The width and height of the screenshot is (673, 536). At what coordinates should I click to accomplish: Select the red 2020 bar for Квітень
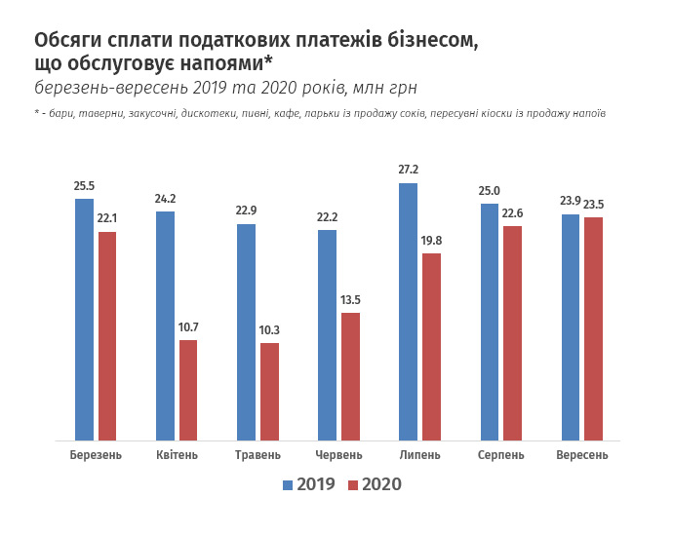(x=188, y=390)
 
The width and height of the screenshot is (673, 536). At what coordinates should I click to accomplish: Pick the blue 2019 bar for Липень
(x=409, y=312)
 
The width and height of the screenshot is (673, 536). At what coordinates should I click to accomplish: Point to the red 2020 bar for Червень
(x=350, y=376)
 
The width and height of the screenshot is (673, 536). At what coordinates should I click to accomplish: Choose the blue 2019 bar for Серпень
(x=490, y=323)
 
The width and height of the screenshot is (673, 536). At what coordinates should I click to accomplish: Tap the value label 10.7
(x=188, y=327)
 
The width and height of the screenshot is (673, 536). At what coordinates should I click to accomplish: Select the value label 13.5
(x=350, y=300)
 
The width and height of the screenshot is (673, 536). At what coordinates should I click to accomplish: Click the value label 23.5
(x=593, y=205)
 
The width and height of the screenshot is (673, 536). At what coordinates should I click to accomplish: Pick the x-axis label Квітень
(x=177, y=455)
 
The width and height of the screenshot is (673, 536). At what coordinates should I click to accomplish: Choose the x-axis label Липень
(x=420, y=455)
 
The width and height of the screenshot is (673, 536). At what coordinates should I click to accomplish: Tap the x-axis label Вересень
(x=581, y=455)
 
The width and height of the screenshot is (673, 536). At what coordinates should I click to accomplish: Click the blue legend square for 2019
(x=287, y=484)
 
